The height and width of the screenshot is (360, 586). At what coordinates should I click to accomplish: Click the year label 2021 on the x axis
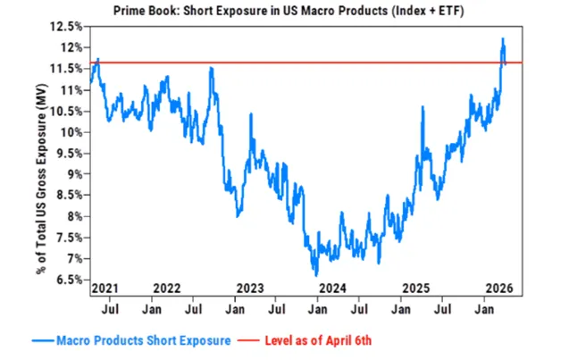[104, 289]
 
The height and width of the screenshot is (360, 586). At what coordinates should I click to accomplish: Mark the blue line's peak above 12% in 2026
[503, 39]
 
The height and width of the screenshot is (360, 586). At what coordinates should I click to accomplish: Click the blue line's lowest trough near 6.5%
[315, 274]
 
